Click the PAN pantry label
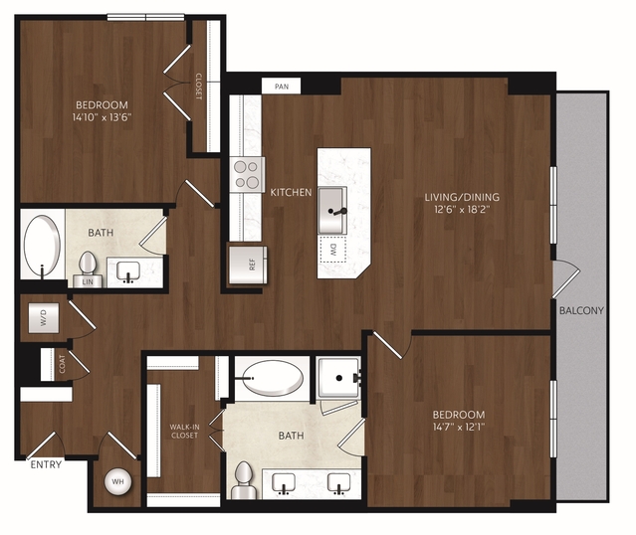pyautogui.click(x=282, y=87)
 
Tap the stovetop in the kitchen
pyautogui.click(x=247, y=175)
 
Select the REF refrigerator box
pyautogui.click(x=248, y=265)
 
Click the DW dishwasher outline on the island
pyautogui.click(x=333, y=250)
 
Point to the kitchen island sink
pyautogui.click(x=332, y=211)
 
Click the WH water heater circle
pyautogui.click(x=117, y=481)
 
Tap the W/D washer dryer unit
pyautogui.click(x=44, y=318)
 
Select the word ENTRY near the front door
pyautogui.click(x=46, y=464)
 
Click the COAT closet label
pyautogui.click(x=62, y=364)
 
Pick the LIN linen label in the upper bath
pyautogui.click(x=88, y=281)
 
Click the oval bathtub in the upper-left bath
pyautogui.click(x=42, y=246)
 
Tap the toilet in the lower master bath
pyautogui.click(x=244, y=480)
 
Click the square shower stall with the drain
pyautogui.click(x=338, y=378)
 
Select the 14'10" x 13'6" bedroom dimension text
pyautogui.click(x=103, y=117)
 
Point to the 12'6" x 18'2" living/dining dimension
pyautogui.click(x=462, y=210)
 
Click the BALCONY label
pyautogui.click(x=581, y=310)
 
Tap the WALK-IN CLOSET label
pyautogui.click(x=184, y=432)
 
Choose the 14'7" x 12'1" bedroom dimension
pyautogui.click(x=459, y=427)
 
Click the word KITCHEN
pyautogui.click(x=291, y=192)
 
